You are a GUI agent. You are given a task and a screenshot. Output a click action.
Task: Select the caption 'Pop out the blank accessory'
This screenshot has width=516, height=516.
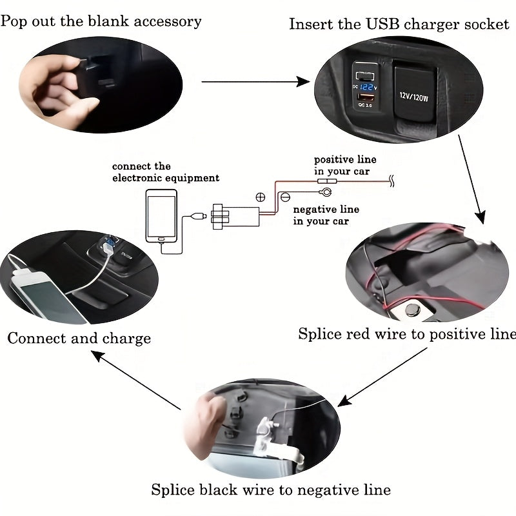click(x=101, y=21)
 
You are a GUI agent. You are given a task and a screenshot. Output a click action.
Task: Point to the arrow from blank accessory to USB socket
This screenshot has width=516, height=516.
click(x=255, y=82)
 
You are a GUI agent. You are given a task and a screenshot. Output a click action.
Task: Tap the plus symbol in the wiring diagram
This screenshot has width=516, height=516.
click(x=261, y=197)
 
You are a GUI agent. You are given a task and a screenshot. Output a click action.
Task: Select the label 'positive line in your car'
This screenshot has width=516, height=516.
click(x=345, y=165)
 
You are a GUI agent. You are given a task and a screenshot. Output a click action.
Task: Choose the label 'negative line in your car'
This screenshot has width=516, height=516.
click(x=326, y=215)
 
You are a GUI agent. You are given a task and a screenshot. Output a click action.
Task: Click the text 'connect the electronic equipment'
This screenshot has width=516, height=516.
click(x=166, y=172)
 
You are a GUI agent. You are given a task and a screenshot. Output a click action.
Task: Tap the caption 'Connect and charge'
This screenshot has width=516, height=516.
click(x=79, y=339)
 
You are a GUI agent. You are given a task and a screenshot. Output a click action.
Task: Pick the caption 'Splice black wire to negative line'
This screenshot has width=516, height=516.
click(x=271, y=490)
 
